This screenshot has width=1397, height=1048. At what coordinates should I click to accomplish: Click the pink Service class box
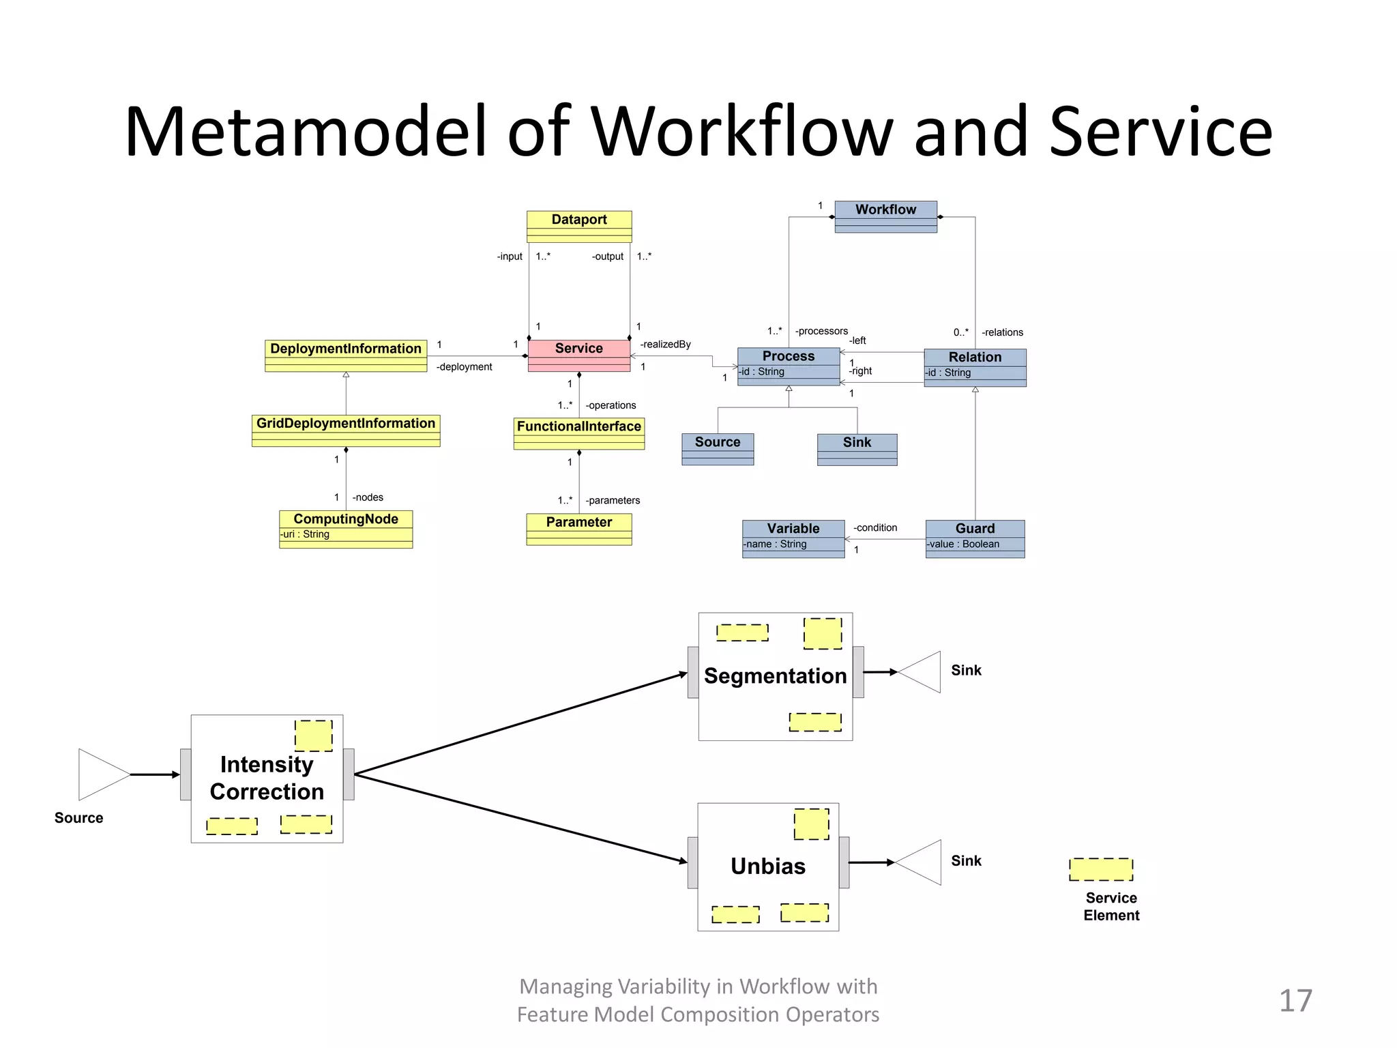click(578, 355)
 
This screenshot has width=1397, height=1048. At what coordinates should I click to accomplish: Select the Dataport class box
click(578, 226)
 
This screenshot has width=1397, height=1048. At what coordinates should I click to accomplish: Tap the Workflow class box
click(885, 216)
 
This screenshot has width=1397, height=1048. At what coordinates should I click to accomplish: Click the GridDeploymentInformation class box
click(346, 430)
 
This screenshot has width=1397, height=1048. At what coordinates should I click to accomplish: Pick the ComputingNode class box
click(346, 528)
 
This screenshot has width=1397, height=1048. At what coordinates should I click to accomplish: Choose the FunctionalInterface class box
click(578, 433)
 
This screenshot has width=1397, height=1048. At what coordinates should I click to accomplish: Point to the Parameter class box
click(578, 528)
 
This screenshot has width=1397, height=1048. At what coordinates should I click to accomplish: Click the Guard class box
click(975, 538)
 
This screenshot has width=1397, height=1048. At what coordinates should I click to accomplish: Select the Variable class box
click(793, 538)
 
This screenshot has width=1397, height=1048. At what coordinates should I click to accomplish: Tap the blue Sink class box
click(857, 449)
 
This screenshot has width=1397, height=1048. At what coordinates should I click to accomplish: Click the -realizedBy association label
click(665, 344)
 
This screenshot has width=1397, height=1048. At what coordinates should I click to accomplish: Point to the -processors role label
click(821, 331)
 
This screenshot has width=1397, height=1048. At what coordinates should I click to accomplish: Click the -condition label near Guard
click(875, 527)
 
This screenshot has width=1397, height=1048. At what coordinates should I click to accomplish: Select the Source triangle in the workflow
click(102, 774)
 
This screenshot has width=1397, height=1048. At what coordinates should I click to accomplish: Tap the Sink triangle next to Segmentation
click(921, 672)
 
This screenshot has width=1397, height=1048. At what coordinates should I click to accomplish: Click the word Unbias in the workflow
click(767, 866)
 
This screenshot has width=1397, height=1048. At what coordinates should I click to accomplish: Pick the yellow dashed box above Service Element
click(1100, 869)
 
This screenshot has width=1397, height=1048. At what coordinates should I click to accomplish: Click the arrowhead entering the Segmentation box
click(683, 674)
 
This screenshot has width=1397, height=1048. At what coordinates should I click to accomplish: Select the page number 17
click(1295, 1000)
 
